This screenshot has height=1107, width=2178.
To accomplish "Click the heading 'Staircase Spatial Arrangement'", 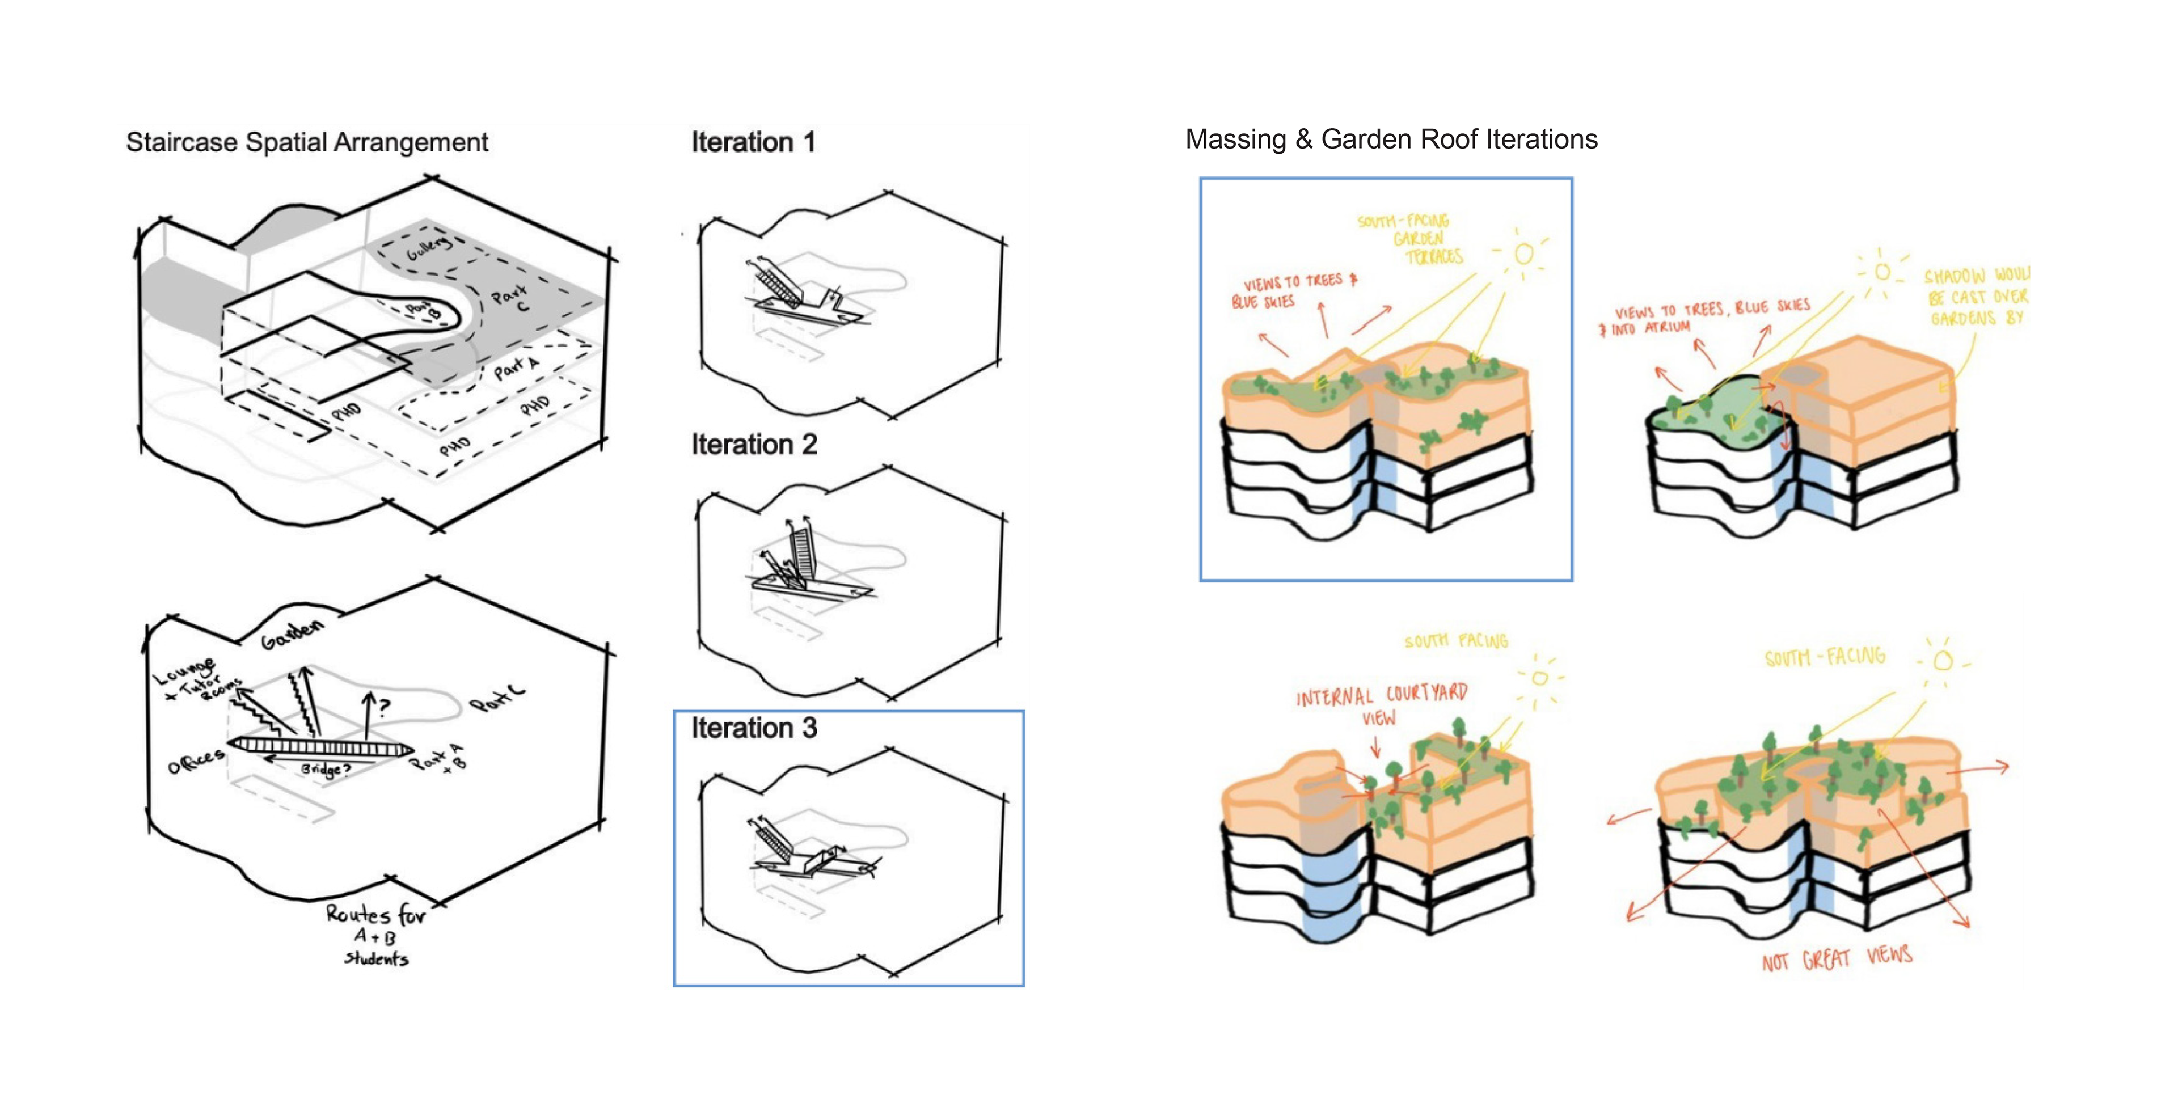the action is click(307, 142).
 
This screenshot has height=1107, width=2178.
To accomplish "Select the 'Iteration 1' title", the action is click(753, 142).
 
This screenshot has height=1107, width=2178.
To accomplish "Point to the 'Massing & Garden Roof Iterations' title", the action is click(1391, 139).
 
